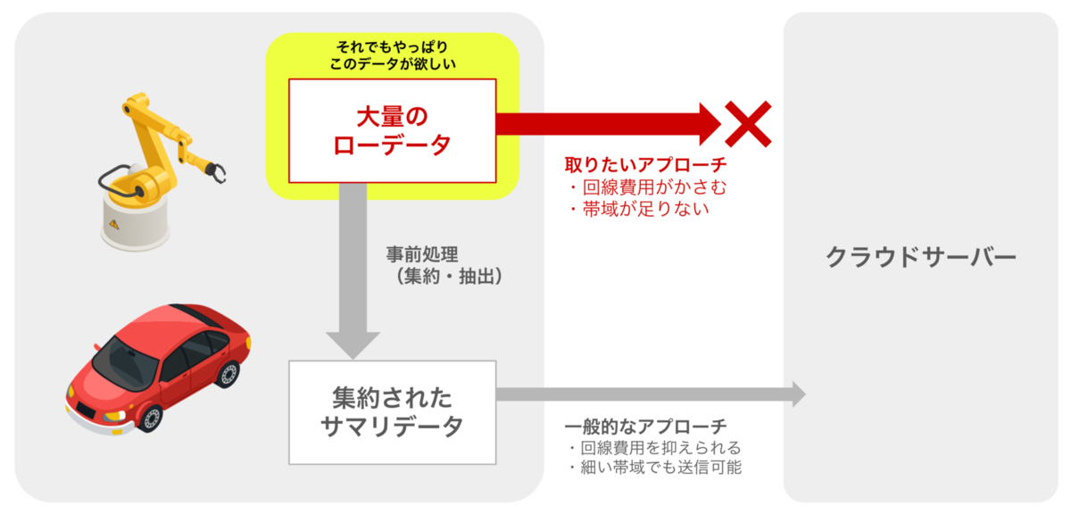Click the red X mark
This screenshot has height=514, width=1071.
click(748, 124)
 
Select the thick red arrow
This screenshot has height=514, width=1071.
click(608, 124)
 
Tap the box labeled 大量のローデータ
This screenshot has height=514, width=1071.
click(392, 130)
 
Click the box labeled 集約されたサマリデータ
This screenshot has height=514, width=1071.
click(392, 412)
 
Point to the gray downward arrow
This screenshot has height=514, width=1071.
click(353, 270)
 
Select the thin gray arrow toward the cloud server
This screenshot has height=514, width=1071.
click(652, 394)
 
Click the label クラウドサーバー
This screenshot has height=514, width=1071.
click(921, 258)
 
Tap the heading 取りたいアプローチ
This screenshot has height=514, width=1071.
click(645, 165)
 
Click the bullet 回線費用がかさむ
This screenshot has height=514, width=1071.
click(648, 187)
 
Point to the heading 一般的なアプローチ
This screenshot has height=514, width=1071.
click(645, 426)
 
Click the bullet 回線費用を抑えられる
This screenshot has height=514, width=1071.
click(655, 448)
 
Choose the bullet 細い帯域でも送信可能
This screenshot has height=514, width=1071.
click(655, 467)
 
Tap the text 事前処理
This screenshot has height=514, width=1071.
click(422, 254)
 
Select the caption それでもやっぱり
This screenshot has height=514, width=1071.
click(392, 47)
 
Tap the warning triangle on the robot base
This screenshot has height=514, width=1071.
click(114, 224)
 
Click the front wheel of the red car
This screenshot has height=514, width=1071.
click(152, 419)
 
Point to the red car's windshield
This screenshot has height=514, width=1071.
click(125, 362)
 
